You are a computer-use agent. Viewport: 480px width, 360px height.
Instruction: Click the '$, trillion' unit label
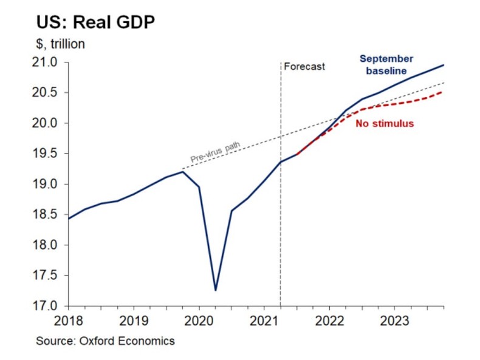[61, 44]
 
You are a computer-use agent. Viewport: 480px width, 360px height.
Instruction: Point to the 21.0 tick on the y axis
[52, 63]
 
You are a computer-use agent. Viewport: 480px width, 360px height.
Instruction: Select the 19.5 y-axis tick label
[52, 154]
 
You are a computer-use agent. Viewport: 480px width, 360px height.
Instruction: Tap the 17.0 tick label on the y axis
[52, 306]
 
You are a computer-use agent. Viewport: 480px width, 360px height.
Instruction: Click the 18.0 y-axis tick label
[52, 245]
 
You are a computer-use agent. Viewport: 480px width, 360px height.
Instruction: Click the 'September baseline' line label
[386, 65]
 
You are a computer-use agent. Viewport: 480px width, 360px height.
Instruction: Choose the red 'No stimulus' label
[384, 124]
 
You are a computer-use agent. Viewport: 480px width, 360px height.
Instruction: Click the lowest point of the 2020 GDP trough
[216, 290]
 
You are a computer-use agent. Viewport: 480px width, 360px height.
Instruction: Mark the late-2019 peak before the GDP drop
[183, 172]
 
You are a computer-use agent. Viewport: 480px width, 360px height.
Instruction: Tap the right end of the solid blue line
[444, 65]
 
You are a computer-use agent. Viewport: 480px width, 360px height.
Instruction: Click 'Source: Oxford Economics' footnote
[105, 341]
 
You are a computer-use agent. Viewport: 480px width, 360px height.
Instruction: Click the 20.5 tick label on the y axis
[52, 93]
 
